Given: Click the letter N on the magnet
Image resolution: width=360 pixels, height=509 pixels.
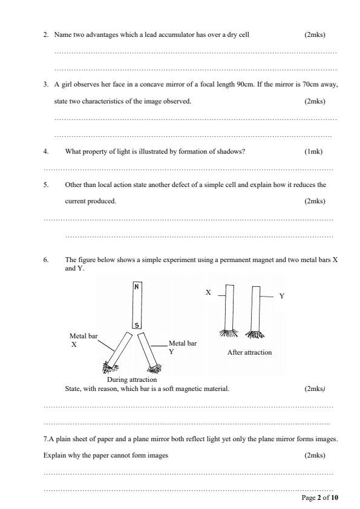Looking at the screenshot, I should pyautogui.click(x=137, y=287).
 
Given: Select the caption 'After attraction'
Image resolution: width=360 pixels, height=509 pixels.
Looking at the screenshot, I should pyautogui.click(x=249, y=352).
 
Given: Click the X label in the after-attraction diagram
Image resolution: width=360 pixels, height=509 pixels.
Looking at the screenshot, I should pyautogui.click(x=208, y=292).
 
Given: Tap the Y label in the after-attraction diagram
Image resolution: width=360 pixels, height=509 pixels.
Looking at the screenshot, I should pyautogui.click(x=281, y=297).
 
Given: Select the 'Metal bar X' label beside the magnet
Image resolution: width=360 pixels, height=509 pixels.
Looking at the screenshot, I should pyautogui.click(x=83, y=339).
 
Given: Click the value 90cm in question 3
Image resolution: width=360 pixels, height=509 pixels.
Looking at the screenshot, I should pyautogui.click(x=261, y=85).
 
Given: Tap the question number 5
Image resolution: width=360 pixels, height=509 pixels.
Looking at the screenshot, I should pyautogui.click(x=46, y=185).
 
